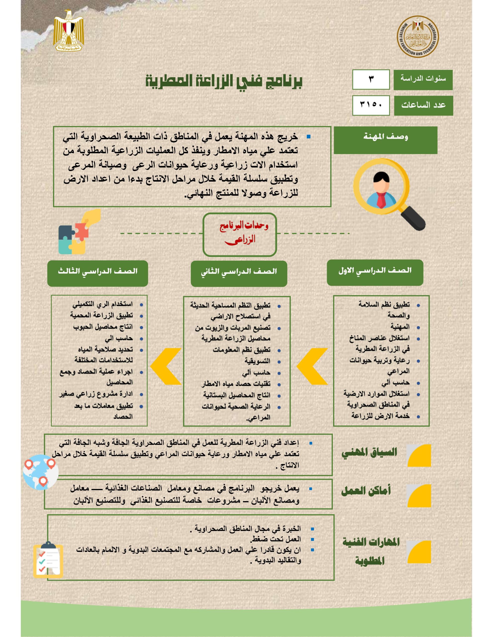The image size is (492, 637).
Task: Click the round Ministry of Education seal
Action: pos(418,37)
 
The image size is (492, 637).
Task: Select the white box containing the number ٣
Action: pos(371,79)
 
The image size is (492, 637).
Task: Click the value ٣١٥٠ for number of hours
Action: pos(371,105)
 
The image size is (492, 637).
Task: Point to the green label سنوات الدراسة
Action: pos(423,80)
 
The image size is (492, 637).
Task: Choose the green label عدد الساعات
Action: pos(423,105)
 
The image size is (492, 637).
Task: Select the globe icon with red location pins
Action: pos(41,472)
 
